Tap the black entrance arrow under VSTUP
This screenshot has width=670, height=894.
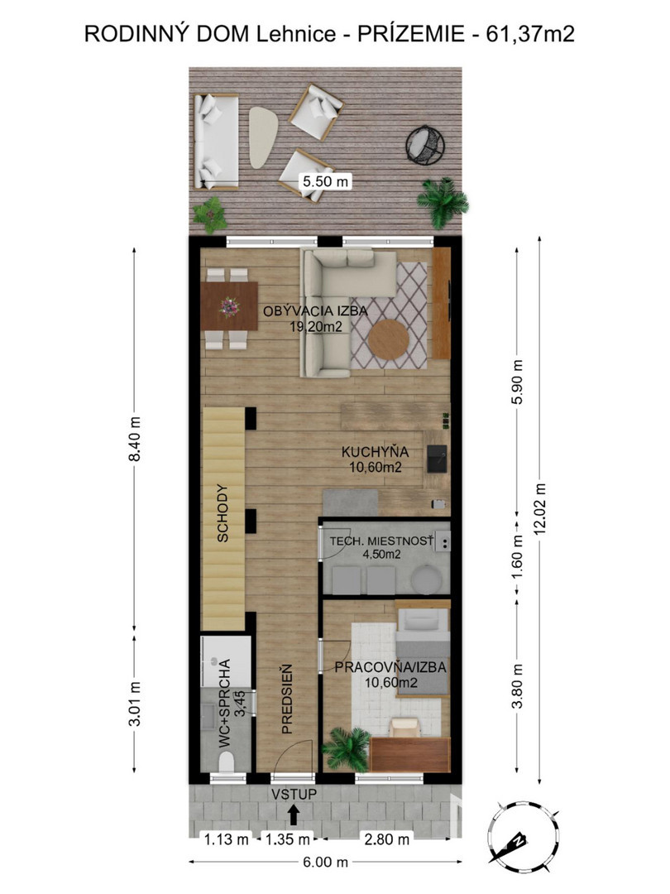tap(294, 815)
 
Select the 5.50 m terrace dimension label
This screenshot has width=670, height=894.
tap(326, 182)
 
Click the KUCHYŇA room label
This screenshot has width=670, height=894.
tap(376, 452)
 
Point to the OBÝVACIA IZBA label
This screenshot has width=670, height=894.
tap(315, 311)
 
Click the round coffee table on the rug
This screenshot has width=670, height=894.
tap(389, 339)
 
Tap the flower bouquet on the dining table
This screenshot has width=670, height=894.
tap(230, 307)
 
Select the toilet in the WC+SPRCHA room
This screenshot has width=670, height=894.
tap(227, 762)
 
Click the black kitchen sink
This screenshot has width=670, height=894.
tap(437, 459)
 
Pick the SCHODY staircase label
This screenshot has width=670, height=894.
tap(223, 513)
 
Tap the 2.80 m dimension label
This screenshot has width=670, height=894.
tap(387, 839)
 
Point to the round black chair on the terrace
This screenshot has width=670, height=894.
tap(425, 144)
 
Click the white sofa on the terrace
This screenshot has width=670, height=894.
tap(216, 142)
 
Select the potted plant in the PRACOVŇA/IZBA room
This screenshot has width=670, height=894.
tap(347, 749)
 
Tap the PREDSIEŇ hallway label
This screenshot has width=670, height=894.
tap(286, 699)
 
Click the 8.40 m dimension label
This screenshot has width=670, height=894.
tap(135, 439)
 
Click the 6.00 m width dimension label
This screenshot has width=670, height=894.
tap(325, 862)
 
